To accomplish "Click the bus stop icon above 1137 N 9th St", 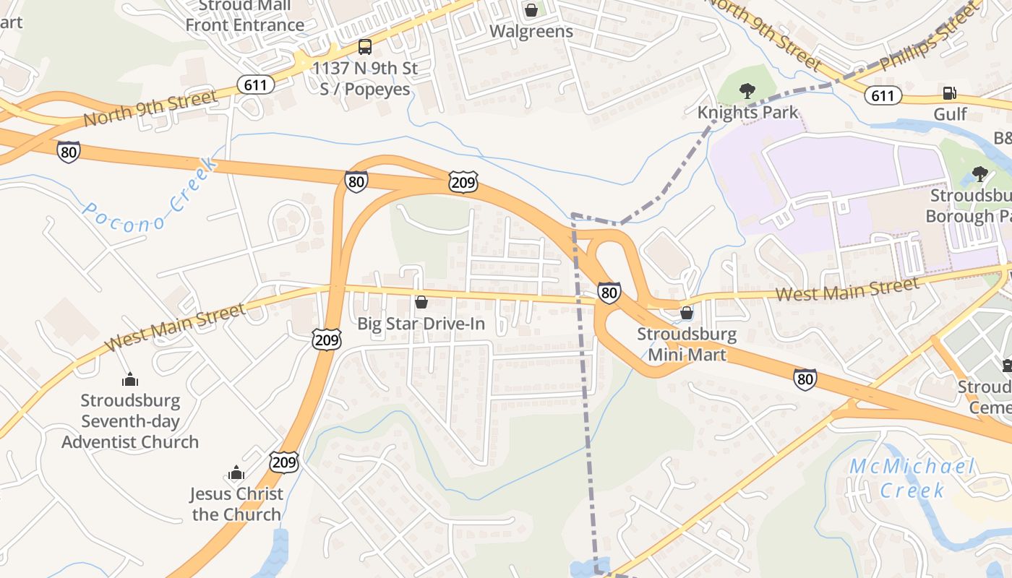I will click(x=365, y=48).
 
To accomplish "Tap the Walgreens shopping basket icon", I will click(x=531, y=10).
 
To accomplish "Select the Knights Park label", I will click(x=747, y=113).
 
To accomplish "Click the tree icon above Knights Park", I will click(x=747, y=91).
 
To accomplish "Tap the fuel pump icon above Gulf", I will click(x=949, y=93).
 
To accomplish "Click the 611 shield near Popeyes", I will click(x=255, y=85).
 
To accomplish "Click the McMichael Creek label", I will click(x=912, y=478).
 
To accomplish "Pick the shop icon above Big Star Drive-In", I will click(x=421, y=301).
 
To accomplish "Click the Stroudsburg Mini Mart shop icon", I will click(x=686, y=313).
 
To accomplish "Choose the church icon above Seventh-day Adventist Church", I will click(x=130, y=379).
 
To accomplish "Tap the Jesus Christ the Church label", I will click(x=236, y=504).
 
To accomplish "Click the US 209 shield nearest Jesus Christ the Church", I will click(x=284, y=462).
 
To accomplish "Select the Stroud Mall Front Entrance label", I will click(x=245, y=16).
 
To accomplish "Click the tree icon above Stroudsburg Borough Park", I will click(x=979, y=174).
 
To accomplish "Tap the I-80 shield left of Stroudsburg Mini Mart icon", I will click(x=609, y=293).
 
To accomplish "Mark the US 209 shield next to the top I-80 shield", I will click(x=462, y=182).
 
